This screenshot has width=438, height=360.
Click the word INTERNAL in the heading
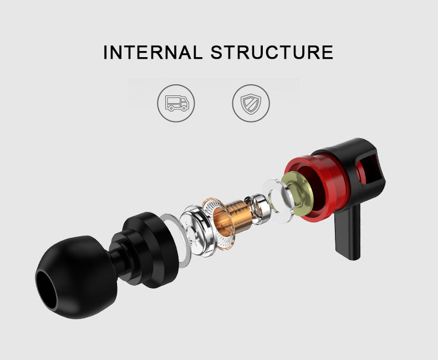click(x=152, y=52)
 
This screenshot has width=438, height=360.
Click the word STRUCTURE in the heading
click(x=272, y=52)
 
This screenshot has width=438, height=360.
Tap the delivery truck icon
click(x=176, y=103)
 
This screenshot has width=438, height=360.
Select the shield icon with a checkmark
click(x=251, y=103)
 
